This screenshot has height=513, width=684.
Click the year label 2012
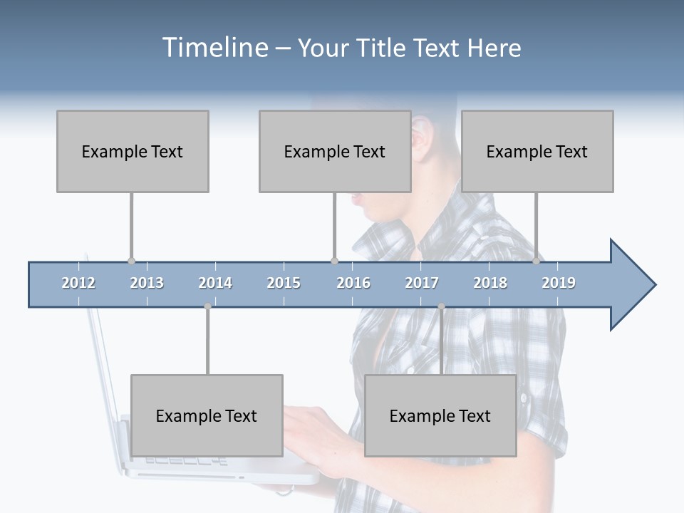click(x=78, y=283)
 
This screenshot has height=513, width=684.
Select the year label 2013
click(x=147, y=283)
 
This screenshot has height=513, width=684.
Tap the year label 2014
click(x=215, y=283)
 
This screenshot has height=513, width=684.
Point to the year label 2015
click(x=284, y=283)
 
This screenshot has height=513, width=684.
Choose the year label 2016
click(x=353, y=283)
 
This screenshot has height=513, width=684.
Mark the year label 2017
click(x=422, y=283)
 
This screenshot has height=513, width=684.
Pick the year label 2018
click(x=490, y=283)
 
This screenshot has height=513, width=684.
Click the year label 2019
click(x=559, y=283)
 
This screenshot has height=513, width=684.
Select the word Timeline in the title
click(x=214, y=48)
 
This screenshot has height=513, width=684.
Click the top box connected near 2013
click(x=133, y=151)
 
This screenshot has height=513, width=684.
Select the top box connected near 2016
click(x=335, y=151)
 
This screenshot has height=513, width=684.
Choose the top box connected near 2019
click(x=537, y=151)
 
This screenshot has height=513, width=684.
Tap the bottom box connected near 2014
click(x=207, y=415)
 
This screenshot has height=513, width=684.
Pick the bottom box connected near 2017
click(x=440, y=415)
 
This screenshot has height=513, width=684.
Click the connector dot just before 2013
click(x=131, y=261)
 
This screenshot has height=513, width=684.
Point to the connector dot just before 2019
click(x=536, y=261)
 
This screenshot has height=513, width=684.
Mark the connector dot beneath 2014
click(x=207, y=306)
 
